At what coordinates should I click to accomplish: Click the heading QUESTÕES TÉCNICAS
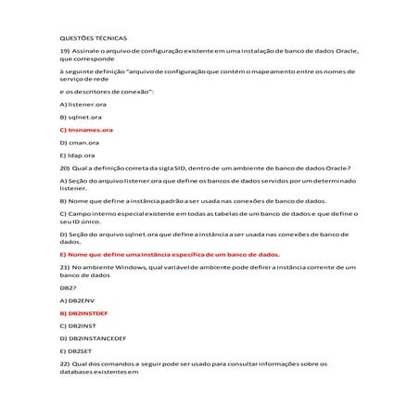[x=94, y=37]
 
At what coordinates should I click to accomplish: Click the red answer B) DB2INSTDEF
[x=83, y=313]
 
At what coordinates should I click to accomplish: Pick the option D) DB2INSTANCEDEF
[x=93, y=338]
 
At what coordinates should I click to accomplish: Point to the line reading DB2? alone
[x=66, y=288]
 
